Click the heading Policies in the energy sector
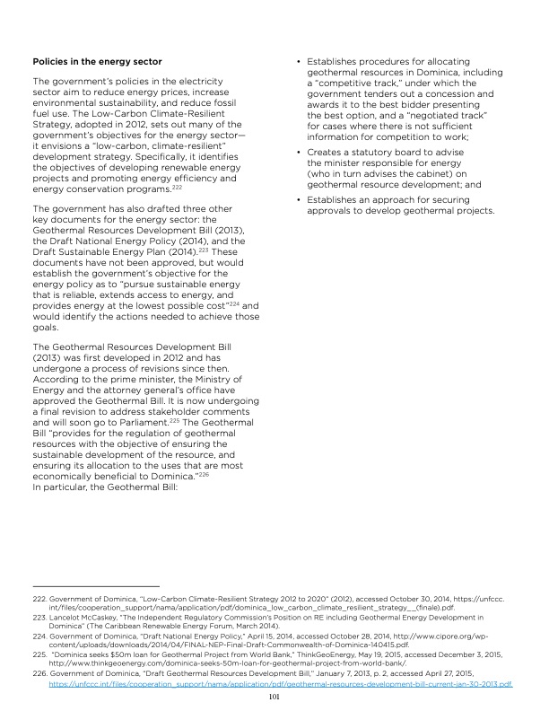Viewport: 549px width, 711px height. pos(97,61)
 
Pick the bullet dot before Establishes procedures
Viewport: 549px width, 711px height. pos(298,61)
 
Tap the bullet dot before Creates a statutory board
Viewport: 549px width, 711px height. pos(298,154)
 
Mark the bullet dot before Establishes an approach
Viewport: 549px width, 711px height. pos(298,199)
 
